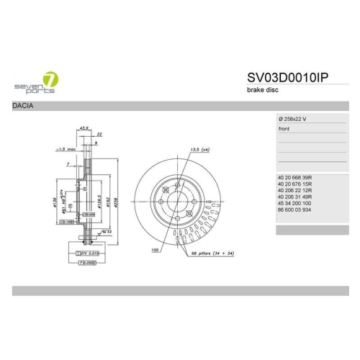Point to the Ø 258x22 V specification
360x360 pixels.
point(297,119)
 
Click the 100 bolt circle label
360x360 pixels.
point(154,251)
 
